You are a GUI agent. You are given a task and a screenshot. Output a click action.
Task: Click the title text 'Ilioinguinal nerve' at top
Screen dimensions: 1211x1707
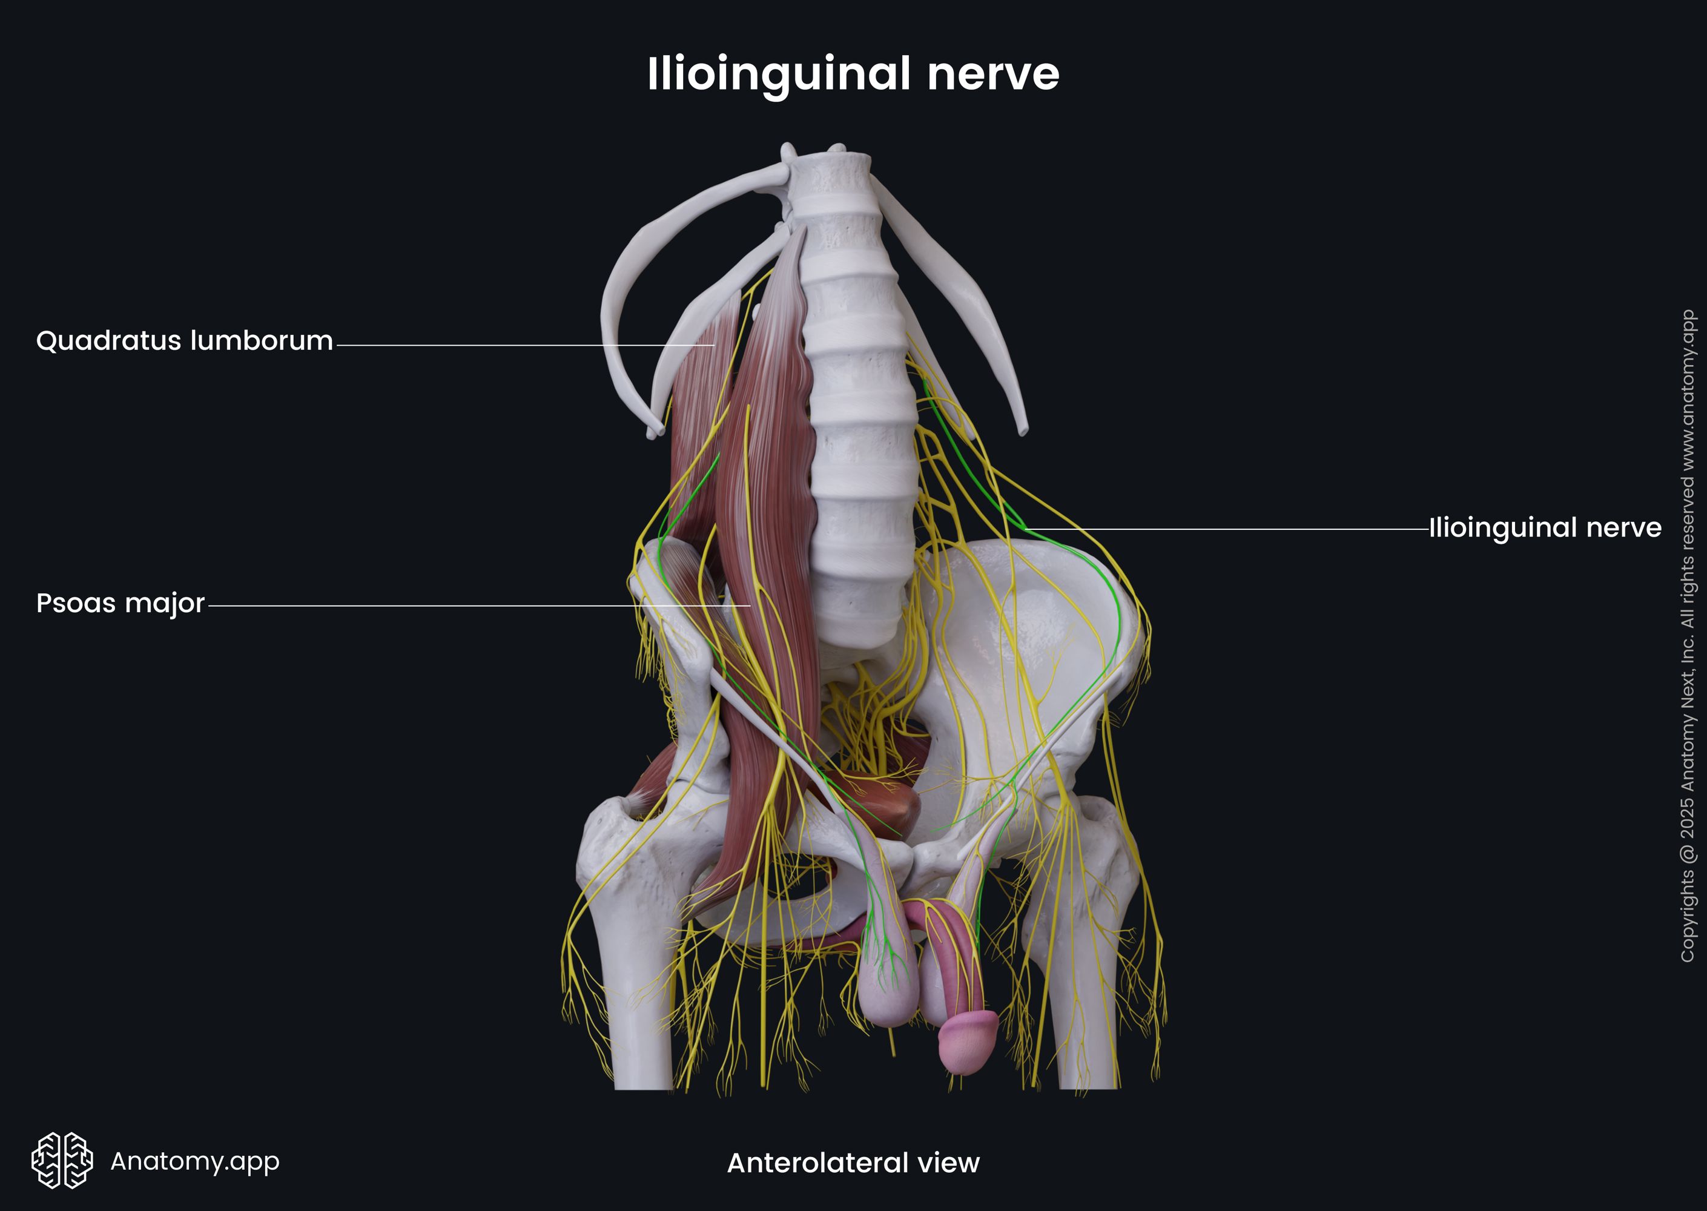pos(853,74)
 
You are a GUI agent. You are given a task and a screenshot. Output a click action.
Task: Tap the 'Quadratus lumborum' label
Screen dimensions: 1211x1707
pos(184,341)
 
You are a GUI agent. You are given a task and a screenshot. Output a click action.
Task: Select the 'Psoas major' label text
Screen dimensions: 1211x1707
pos(120,602)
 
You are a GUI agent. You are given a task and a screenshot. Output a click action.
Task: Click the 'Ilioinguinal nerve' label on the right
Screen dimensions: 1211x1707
pos(1545,528)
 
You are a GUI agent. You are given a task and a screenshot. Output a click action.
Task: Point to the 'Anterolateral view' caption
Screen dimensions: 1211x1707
pos(853,1163)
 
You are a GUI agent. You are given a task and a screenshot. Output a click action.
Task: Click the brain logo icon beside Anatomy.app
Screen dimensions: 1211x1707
pos(62,1160)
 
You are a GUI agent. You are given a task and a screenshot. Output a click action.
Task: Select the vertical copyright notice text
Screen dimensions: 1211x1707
pos(1687,634)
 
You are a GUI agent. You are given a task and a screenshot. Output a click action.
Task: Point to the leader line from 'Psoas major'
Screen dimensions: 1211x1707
pos(477,606)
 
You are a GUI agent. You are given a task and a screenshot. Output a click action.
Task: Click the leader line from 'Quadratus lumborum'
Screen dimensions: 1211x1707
pos(522,345)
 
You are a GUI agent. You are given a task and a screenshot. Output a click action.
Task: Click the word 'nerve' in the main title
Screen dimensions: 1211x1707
pos(992,74)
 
